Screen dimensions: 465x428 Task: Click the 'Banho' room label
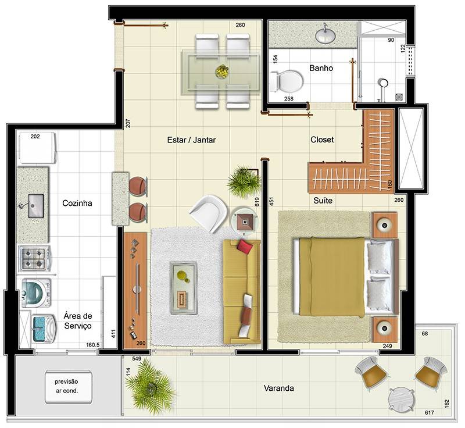321,68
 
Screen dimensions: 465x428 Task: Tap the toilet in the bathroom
287,81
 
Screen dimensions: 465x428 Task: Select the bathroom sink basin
325,35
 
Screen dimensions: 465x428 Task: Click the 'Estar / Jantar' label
191,140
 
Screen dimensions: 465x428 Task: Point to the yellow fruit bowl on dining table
222,72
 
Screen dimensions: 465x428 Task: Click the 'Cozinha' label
77,203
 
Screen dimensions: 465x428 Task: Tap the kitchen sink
35,205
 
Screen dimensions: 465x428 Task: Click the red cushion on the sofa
245,247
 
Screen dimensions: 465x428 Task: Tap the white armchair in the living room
209,213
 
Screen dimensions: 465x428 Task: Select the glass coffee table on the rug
183,288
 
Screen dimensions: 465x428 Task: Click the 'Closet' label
322,140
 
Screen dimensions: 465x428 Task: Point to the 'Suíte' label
323,201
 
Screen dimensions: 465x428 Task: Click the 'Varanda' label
279,388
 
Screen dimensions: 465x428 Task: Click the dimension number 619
257,202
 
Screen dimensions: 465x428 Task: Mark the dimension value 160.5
93,345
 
